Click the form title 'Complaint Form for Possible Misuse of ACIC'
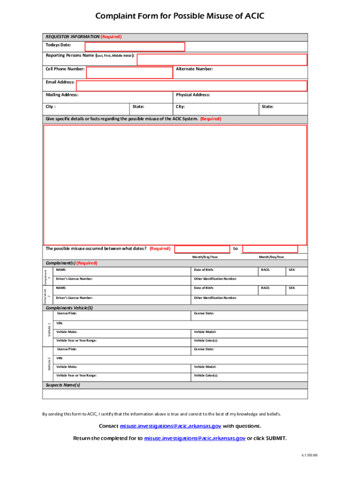pyautogui.click(x=180, y=16)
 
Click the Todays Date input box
pyautogui.click(x=135, y=47)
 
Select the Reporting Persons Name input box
pyautogui.click(x=222, y=60)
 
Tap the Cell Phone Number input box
pyautogui.click(x=129, y=73)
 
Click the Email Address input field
pyautogui.click(x=191, y=86)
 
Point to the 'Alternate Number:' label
pyautogui.click(x=194, y=69)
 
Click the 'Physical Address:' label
pyautogui.click(x=193, y=95)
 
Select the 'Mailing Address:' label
pyautogui.click(x=62, y=95)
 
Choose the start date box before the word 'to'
pyautogui.click(x=202, y=249)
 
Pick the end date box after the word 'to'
pyautogui.click(x=270, y=249)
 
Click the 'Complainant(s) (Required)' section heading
pyautogui.click(x=71, y=263)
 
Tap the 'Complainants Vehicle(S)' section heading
pyautogui.click(x=69, y=308)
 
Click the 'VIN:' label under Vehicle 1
pyautogui.click(x=59, y=323)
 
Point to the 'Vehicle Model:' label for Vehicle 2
pyautogui.click(x=205, y=367)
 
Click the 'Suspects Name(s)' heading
pyautogui.click(x=63, y=385)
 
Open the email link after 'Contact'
pyautogui.click(x=171, y=426)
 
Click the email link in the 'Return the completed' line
pyautogui.click(x=194, y=438)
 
